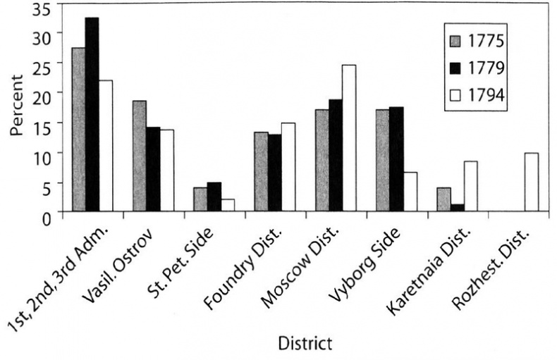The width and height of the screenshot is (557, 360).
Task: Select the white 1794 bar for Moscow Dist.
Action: pos(349,138)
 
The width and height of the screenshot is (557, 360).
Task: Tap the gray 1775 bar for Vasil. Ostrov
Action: pos(139,156)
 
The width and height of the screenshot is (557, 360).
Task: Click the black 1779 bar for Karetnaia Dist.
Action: pos(458,207)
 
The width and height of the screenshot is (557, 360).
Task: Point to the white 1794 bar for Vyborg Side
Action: pos(410,192)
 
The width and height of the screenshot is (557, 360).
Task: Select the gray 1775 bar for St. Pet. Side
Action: pos(200,199)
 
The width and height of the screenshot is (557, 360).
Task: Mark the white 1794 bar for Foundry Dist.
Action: pos(288,167)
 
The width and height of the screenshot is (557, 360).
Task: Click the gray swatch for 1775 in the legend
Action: pos(458,41)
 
